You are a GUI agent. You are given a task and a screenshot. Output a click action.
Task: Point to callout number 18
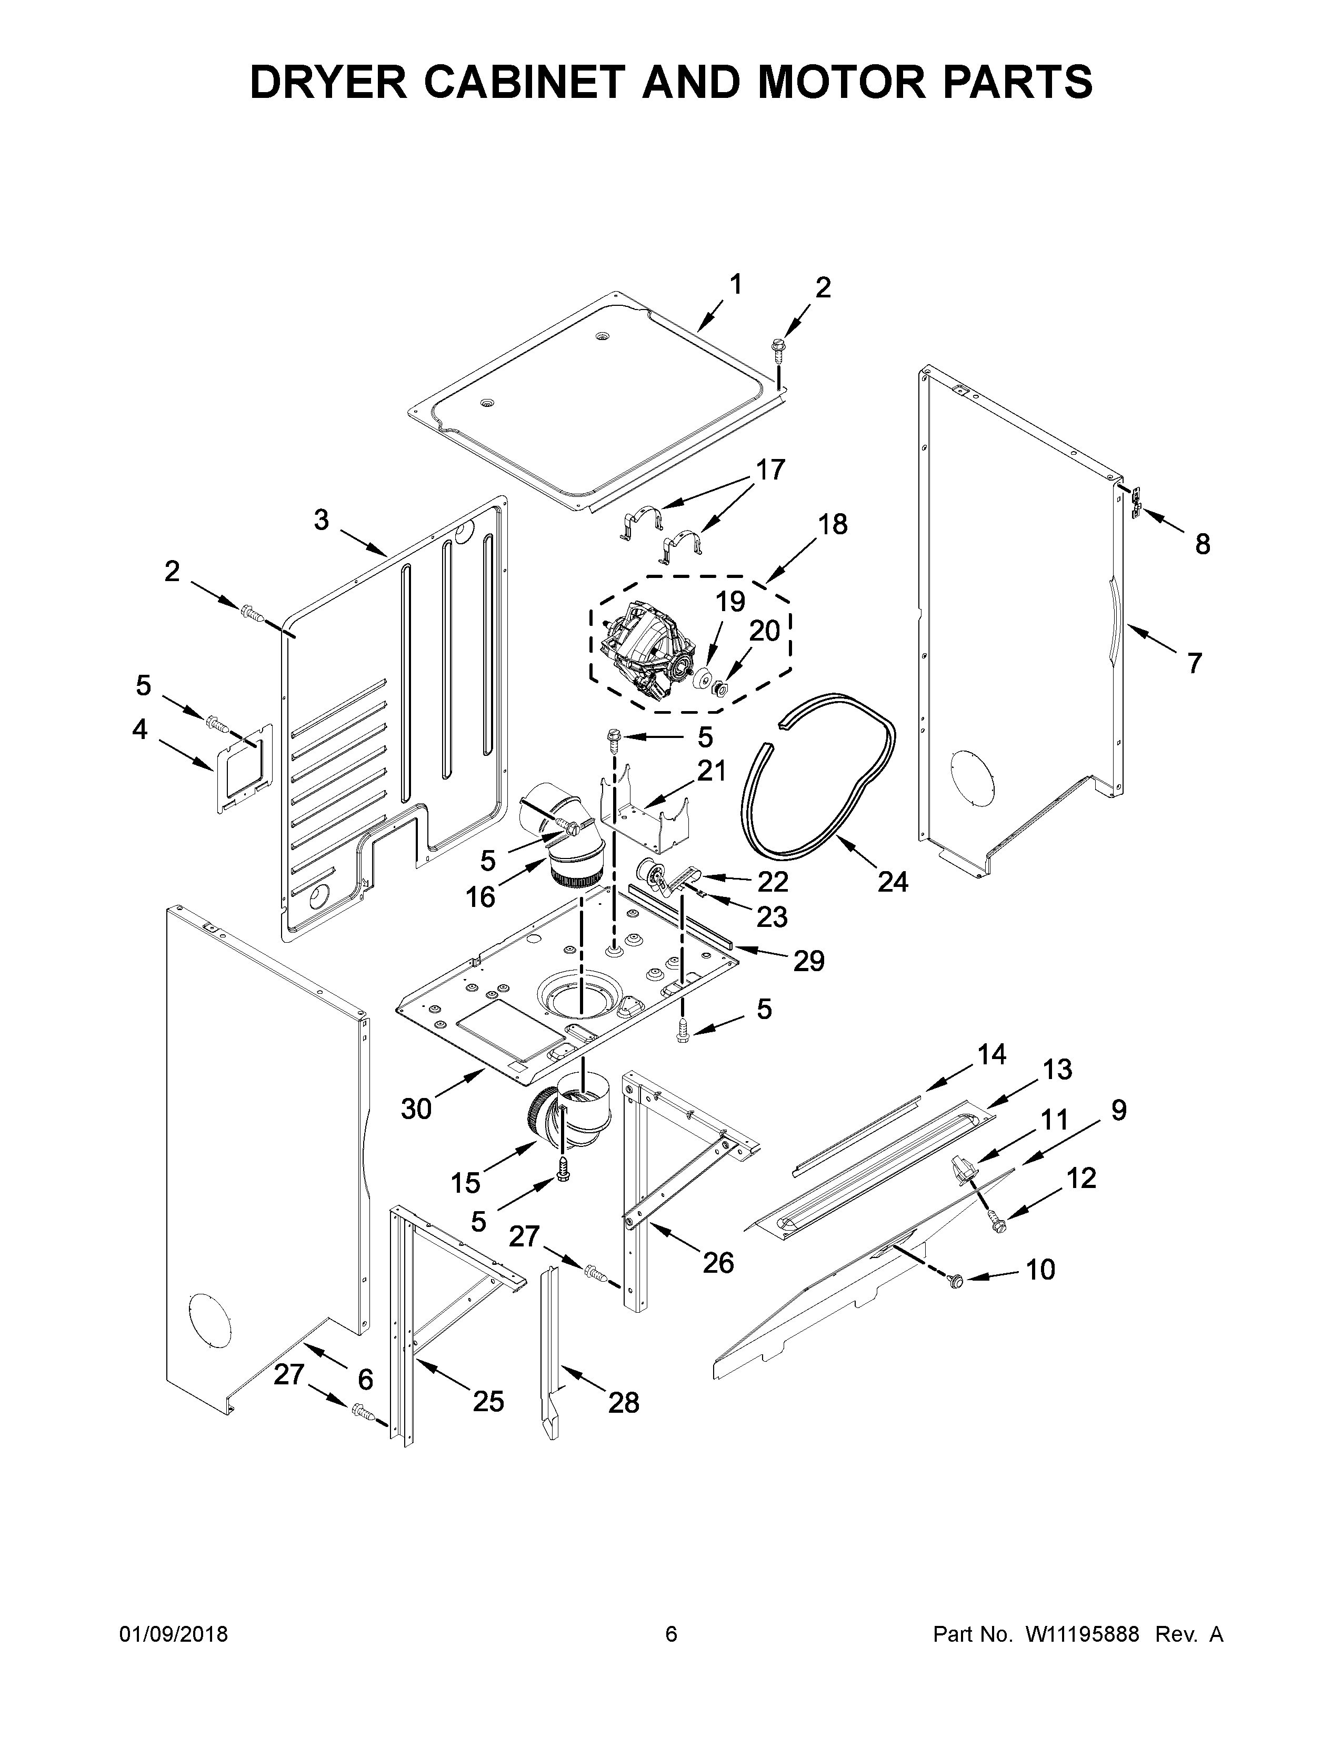833,524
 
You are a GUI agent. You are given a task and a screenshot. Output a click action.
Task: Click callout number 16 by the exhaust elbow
480,897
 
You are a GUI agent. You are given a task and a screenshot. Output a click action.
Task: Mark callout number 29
808,962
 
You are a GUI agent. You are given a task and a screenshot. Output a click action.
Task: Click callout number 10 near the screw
1040,1270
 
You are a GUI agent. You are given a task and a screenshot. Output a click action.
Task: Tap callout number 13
1057,1070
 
